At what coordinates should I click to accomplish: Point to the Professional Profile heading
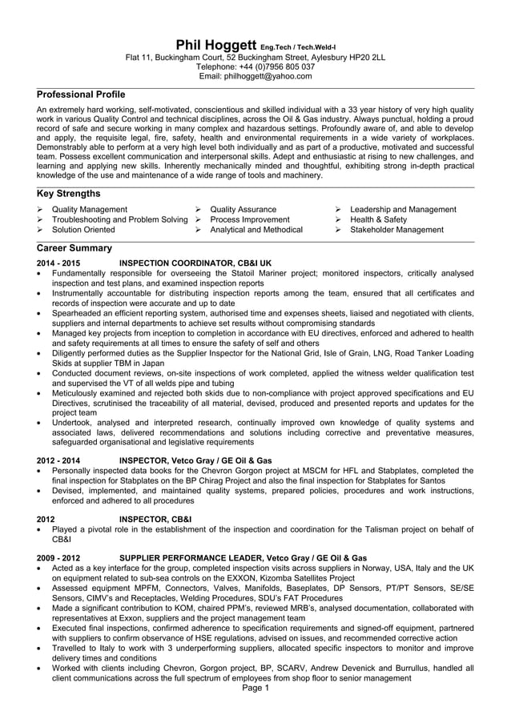[x=82, y=95]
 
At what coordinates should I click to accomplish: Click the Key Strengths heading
[x=69, y=194]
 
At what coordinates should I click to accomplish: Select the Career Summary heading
[x=74, y=249]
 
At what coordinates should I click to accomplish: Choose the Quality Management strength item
[x=89, y=210]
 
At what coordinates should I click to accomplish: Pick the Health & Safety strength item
[x=378, y=219]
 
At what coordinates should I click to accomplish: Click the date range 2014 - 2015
[x=58, y=263]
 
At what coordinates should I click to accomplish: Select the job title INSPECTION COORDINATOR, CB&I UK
[x=195, y=263]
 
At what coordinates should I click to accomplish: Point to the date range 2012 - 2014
[x=58, y=460]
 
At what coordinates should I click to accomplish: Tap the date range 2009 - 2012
[x=58, y=557]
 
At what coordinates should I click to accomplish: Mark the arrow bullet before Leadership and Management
[x=340, y=210]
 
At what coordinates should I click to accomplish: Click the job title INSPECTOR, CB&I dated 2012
[x=155, y=519]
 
